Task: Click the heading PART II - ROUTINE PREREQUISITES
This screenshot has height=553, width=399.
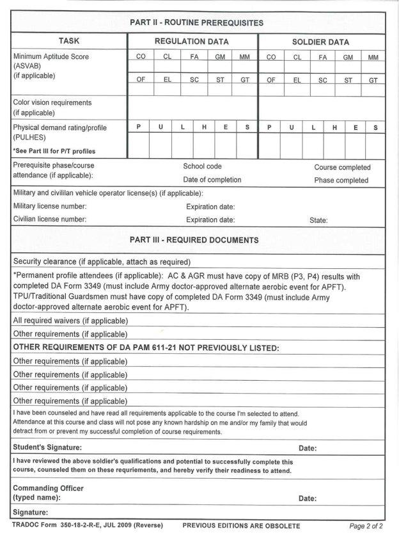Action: (196, 22)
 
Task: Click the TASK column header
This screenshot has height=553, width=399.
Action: (68, 42)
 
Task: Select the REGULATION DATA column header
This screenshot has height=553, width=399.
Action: (192, 42)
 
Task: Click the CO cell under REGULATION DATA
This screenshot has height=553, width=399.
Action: (141, 57)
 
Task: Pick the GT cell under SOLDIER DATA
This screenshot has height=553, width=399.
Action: (373, 81)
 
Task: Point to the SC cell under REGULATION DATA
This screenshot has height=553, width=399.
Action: (194, 81)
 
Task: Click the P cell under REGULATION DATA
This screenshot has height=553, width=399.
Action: (139, 127)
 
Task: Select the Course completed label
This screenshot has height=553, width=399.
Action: (342, 167)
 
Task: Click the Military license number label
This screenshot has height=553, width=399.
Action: (50, 206)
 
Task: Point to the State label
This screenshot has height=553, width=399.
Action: (318, 220)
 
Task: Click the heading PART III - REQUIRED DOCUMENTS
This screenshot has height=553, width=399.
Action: (194, 241)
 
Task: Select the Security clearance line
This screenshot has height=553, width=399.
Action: (102, 261)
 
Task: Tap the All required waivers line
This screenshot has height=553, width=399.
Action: (70, 320)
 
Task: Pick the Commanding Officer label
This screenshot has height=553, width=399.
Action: (48, 488)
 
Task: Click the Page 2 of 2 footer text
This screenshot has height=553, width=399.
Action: (366, 526)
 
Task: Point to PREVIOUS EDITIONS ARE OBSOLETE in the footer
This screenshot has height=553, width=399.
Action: (241, 526)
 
